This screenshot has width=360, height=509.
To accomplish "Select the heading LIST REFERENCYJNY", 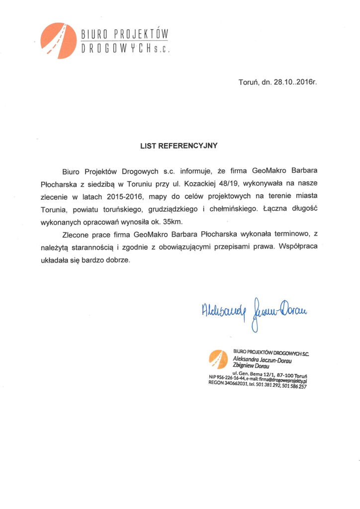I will pyautogui.click(x=179, y=146).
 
